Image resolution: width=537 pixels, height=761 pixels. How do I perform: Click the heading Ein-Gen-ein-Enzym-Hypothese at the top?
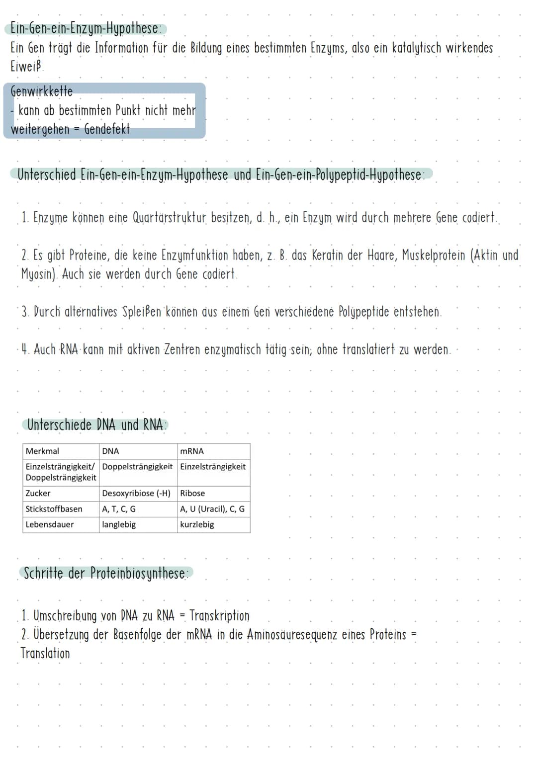[x=86, y=28]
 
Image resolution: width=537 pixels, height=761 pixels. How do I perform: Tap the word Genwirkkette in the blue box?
[x=42, y=91]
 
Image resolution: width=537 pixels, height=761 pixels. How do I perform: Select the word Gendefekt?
[x=107, y=129]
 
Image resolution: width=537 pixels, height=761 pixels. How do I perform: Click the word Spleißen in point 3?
[x=142, y=312]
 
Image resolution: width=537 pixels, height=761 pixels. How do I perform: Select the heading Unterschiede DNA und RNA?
[x=95, y=425]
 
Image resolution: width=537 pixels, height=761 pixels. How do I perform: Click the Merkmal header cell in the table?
[x=42, y=451]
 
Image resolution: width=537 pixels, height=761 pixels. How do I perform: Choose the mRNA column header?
[x=192, y=451]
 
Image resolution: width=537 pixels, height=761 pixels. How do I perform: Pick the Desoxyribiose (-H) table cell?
[x=136, y=494]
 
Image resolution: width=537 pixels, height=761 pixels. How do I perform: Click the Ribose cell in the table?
[x=192, y=494]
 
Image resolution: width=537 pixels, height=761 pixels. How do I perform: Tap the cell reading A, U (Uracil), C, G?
[x=212, y=509]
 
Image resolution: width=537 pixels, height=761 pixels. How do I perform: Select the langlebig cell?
[x=119, y=524]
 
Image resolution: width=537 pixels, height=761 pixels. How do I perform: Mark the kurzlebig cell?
[x=197, y=524]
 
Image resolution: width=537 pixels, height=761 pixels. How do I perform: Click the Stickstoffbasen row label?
[x=54, y=509]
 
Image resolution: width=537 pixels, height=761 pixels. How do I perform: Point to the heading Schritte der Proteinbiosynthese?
[x=105, y=574]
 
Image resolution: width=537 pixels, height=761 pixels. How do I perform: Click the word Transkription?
[x=219, y=616]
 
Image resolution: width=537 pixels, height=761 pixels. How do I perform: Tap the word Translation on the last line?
[x=45, y=654]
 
